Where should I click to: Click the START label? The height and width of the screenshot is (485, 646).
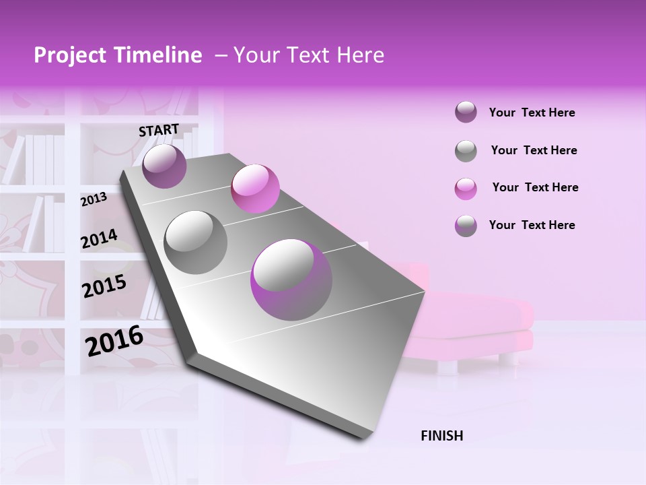click(159, 130)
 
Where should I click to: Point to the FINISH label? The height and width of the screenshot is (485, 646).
click(441, 436)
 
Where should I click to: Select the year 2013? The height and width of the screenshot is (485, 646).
click(94, 199)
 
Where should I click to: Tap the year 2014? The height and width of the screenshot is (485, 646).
click(99, 238)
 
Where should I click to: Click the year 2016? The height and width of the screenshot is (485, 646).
click(114, 341)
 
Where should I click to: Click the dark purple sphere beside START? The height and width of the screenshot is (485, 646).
click(164, 166)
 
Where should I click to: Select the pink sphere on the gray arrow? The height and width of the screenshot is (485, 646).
click(255, 188)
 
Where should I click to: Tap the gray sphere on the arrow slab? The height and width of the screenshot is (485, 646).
click(196, 242)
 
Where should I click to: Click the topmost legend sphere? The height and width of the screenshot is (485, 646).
click(466, 112)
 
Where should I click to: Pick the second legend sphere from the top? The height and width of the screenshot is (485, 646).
click(466, 151)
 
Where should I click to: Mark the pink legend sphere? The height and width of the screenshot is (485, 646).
click(466, 189)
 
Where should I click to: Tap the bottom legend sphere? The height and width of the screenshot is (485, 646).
click(466, 226)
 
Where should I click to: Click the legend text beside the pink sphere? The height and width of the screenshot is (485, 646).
click(535, 187)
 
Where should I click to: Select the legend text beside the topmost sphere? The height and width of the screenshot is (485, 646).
click(532, 112)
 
